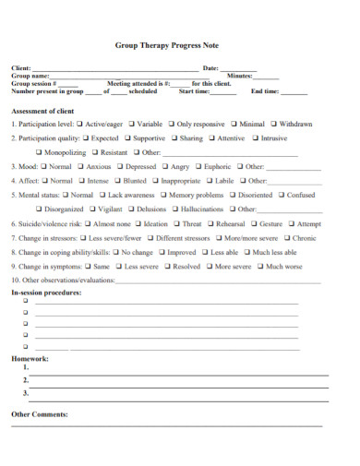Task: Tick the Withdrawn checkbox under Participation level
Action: click(x=274, y=124)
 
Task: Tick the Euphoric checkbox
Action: click(x=198, y=167)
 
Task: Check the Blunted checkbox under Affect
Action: click(x=118, y=181)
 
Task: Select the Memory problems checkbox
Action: click(x=163, y=196)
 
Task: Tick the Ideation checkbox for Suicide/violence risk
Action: click(x=138, y=223)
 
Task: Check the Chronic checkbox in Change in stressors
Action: click(x=285, y=238)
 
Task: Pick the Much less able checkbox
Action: click(x=246, y=252)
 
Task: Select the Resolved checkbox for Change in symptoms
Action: click(x=168, y=267)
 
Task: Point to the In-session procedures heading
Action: click(x=46, y=293)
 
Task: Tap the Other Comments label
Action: click(x=39, y=414)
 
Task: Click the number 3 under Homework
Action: click(x=26, y=393)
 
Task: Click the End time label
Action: click(x=265, y=91)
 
